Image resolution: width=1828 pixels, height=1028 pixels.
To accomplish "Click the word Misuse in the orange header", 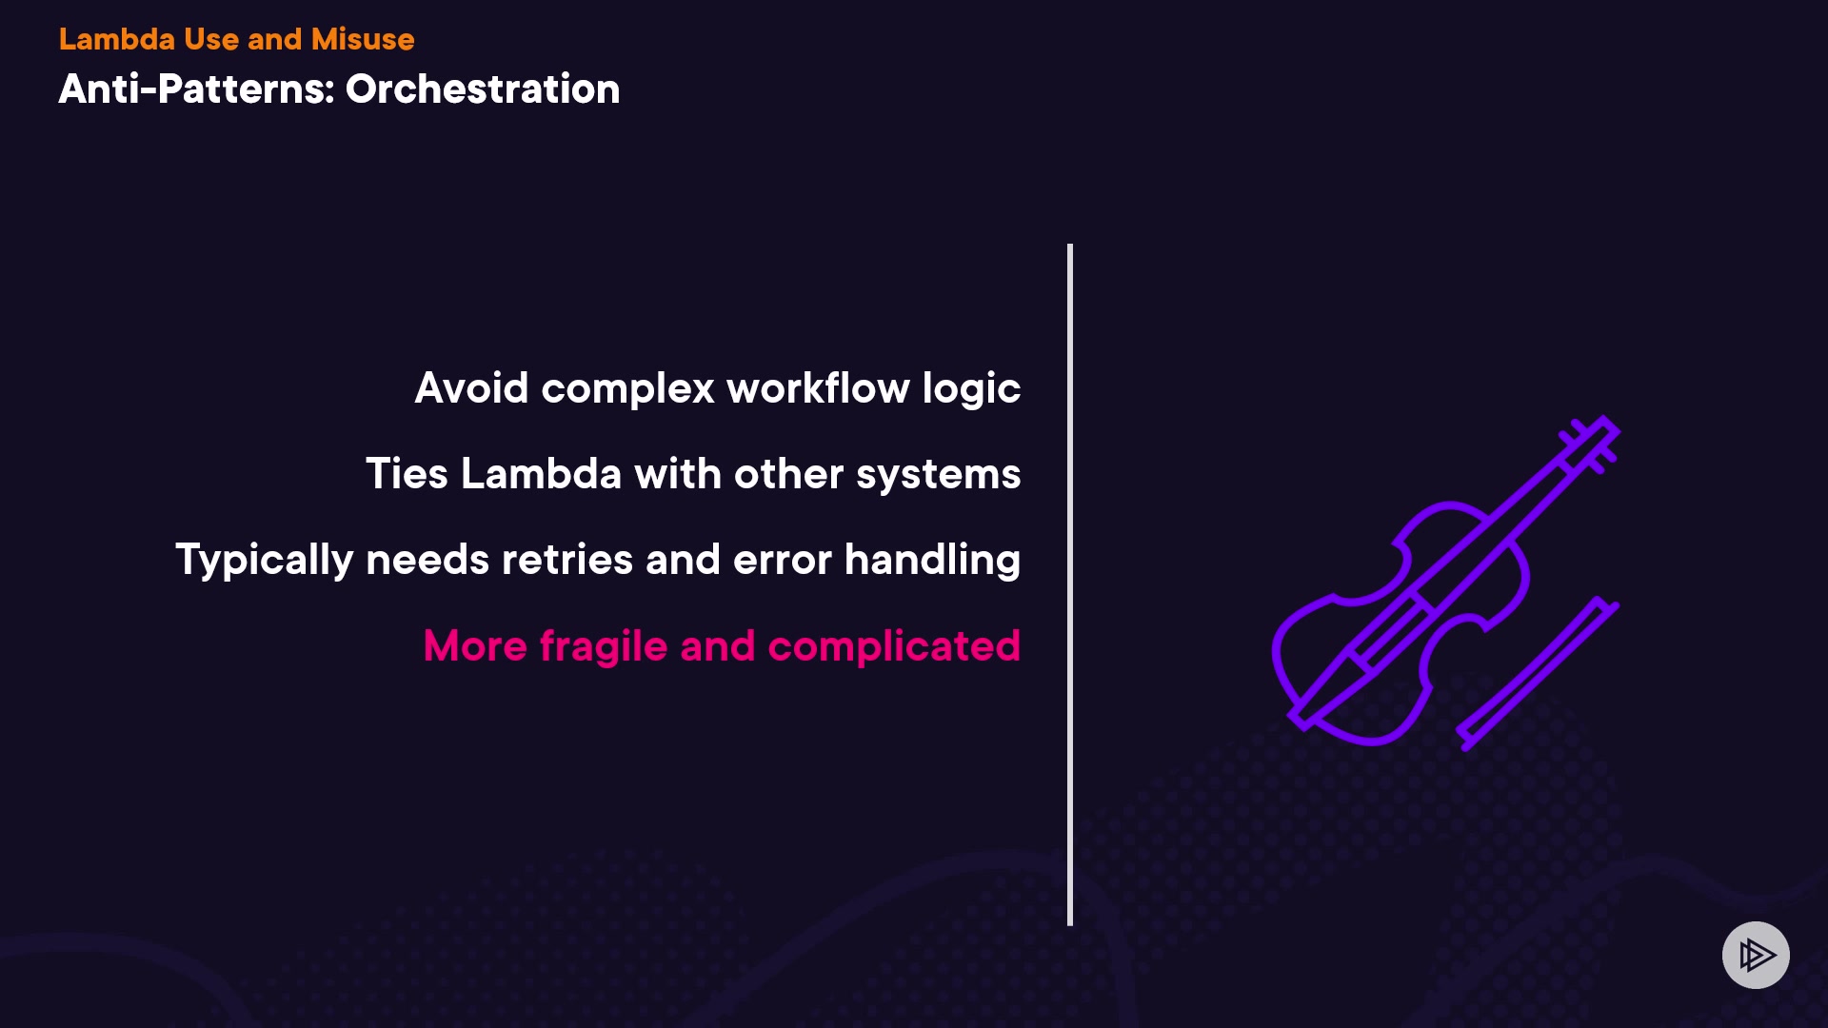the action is point(363,39).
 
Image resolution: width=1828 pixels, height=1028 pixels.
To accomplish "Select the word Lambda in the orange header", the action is point(117,39).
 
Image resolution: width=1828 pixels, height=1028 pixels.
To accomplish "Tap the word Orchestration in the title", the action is point(483,89).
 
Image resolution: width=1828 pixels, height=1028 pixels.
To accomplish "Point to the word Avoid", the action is point(471,387).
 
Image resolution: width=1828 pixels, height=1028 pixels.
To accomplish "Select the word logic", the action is point(971,389).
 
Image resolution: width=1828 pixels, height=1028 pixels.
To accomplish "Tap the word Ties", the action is point(407,473).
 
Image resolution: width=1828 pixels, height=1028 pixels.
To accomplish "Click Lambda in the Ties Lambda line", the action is point(541,473).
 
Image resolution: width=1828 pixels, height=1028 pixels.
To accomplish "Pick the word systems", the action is point(938,475).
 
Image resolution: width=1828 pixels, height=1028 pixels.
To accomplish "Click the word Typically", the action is point(265,561).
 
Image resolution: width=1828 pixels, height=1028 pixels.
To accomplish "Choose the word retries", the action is point(566,560).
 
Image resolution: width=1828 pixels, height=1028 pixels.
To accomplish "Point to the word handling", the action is point(932,561).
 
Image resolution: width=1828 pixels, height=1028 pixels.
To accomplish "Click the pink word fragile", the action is point(604,647).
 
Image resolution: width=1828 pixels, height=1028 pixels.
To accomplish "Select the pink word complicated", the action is point(894,647).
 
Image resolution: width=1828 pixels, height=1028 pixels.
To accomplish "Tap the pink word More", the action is point(475,646).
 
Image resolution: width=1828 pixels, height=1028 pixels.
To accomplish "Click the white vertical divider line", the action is point(1070,584).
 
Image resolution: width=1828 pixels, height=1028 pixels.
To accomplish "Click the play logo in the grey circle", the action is point(1757,955).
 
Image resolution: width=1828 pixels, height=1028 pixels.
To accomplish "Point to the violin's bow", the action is point(1537,673).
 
